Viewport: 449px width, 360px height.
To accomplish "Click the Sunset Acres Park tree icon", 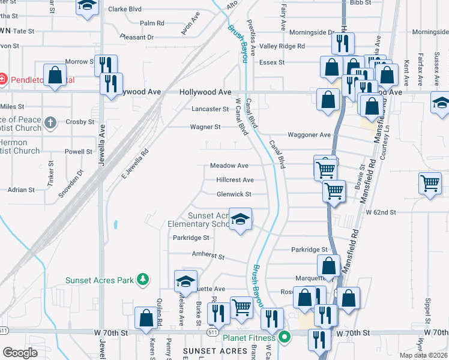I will pos(142,279).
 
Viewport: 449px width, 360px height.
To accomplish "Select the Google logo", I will pos(20,353).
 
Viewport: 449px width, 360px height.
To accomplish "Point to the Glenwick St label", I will pos(234,194).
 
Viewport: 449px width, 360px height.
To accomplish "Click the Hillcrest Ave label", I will pos(235,180).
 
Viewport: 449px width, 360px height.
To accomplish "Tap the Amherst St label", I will pos(208,256).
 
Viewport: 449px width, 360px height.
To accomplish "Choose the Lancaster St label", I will pos(210,109).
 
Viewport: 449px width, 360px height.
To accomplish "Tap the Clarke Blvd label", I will pos(125,9).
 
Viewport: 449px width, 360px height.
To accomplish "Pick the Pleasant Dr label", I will pos(137,37).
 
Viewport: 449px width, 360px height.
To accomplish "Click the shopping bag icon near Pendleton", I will pos(55,76).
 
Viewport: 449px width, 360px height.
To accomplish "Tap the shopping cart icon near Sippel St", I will pos(430,184).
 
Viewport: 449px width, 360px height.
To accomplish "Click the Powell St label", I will pos(79,152).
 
